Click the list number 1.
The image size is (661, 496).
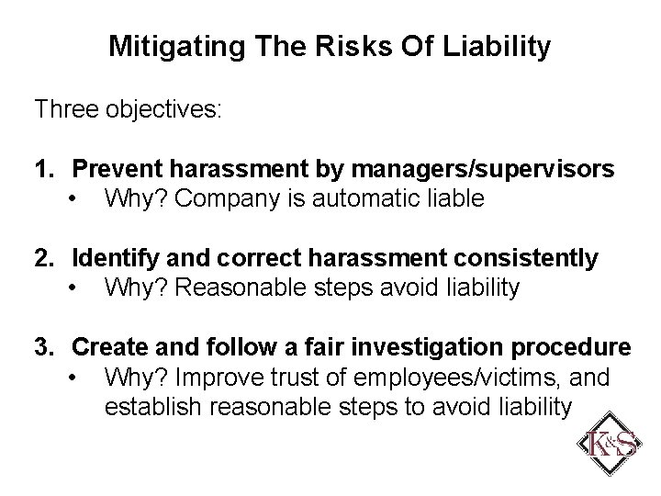(43, 170)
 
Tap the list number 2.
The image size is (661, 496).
(43, 259)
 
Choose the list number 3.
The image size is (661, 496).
(43, 348)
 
